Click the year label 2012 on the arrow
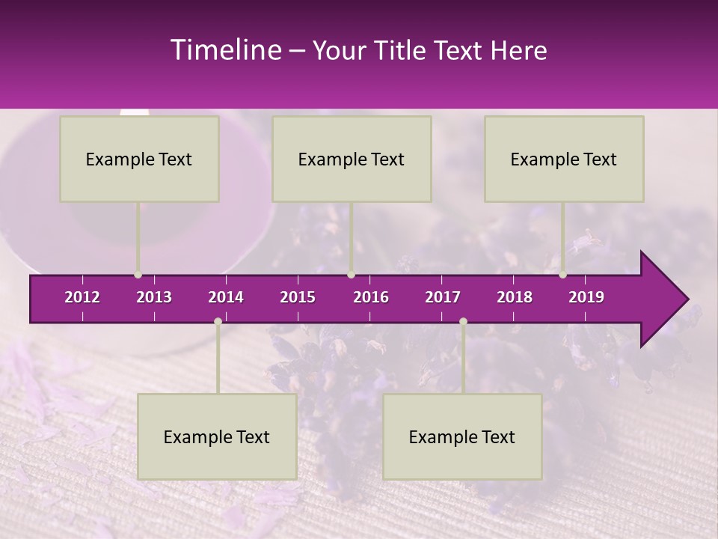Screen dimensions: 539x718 pyautogui.click(x=82, y=297)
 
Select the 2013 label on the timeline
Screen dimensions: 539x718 pyautogui.click(x=154, y=297)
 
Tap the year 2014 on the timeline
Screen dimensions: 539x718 pyautogui.click(x=226, y=297)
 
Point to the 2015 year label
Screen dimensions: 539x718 pyautogui.click(x=298, y=297)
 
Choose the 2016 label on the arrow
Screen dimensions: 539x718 pyautogui.click(x=371, y=297)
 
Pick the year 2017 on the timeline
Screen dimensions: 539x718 pyautogui.click(x=443, y=297)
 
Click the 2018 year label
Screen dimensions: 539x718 pyautogui.click(x=515, y=297)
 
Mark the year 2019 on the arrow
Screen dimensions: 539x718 pyautogui.click(x=586, y=297)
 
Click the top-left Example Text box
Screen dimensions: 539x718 pyautogui.click(x=139, y=159)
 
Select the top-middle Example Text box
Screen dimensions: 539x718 pyautogui.click(x=352, y=159)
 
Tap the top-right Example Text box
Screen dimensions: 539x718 pyautogui.click(x=564, y=159)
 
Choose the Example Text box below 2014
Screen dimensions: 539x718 pyautogui.click(x=217, y=436)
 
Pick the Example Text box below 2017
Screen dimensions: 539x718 pyautogui.click(x=462, y=436)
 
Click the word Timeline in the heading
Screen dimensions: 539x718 pyautogui.click(x=224, y=50)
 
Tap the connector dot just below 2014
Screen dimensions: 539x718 pyautogui.click(x=218, y=322)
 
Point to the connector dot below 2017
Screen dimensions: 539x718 pyautogui.click(x=463, y=322)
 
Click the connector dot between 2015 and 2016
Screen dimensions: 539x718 pyautogui.click(x=352, y=275)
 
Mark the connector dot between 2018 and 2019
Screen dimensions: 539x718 pyautogui.click(x=563, y=275)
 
